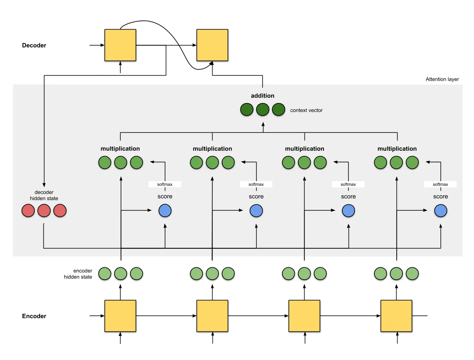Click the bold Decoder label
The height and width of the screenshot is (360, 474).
click(34, 45)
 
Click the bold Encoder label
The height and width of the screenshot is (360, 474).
click(34, 316)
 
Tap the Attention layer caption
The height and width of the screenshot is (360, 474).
click(442, 79)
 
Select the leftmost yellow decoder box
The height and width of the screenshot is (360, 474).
click(120, 45)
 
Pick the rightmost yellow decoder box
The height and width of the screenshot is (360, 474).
click(212, 45)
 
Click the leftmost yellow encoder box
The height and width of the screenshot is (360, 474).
click(120, 316)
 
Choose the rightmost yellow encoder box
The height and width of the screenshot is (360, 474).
click(396, 316)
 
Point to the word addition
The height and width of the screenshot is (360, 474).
click(262, 96)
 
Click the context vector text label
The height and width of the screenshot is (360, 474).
click(306, 110)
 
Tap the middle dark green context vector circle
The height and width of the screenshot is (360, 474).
click(262, 110)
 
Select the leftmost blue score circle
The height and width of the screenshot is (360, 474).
click(165, 211)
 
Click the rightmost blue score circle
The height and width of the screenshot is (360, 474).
click(441, 211)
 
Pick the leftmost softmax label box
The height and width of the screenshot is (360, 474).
click(165, 184)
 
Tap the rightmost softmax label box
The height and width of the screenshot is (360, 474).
click(440, 184)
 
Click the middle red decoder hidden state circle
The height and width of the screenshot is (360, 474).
click(44, 211)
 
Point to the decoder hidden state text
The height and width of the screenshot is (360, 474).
click(44, 195)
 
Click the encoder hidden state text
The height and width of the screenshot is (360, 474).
click(78, 274)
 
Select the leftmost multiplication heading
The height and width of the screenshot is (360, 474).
click(120, 149)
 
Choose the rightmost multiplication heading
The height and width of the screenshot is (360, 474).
click(397, 149)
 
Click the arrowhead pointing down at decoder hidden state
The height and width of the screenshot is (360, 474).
click(44, 185)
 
